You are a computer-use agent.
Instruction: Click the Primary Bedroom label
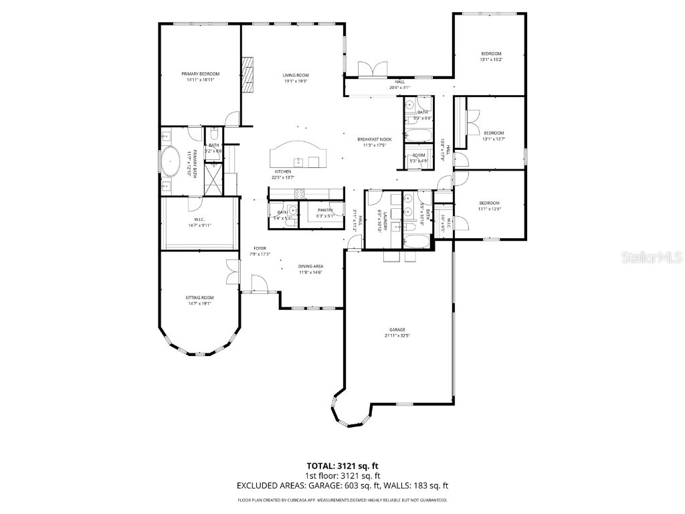click(200, 74)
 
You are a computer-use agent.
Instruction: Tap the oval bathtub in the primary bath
click(172, 163)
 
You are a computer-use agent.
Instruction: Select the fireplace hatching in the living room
click(248, 73)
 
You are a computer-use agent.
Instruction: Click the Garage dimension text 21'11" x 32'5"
click(397, 336)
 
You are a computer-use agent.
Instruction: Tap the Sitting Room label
click(199, 297)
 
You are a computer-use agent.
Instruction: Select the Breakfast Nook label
click(374, 139)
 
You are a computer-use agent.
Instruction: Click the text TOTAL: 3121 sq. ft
click(342, 465)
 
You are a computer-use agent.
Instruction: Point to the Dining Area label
click(310, 266)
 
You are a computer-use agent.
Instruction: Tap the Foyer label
click(260, 248)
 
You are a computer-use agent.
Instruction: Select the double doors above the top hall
click(372, 70)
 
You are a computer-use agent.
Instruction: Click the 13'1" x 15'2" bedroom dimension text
click(490, 60)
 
